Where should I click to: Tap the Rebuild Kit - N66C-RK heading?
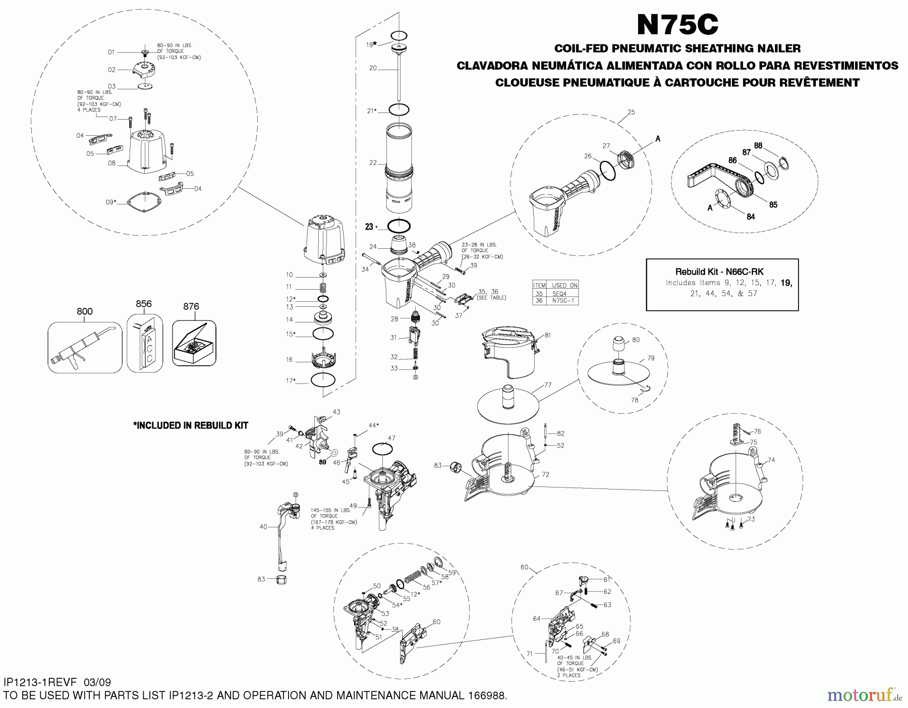[719, 271]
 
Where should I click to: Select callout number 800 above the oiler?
[85, 311]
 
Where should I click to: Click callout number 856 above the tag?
[144, 304]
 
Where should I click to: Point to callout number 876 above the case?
[191, 306]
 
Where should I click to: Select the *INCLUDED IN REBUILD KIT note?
[190, 425]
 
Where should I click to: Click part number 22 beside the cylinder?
[373, 162]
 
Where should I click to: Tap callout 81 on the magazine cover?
[547, 335]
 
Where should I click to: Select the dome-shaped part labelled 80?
[618, 344]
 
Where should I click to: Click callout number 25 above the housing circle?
[631, 112]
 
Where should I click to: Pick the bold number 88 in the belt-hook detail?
[758, 145]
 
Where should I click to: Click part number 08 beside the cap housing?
[111, 163]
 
